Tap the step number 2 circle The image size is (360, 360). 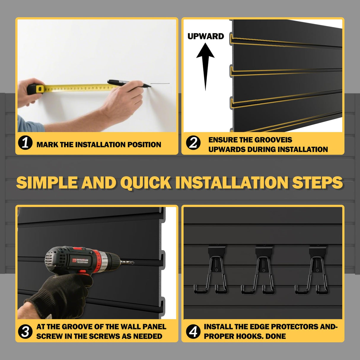tap(193, 143)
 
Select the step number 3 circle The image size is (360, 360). tap(25, 331)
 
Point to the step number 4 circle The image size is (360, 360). tap(193, 331)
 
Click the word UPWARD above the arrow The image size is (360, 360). tap(206, 36)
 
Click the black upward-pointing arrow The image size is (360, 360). tap(205, 65)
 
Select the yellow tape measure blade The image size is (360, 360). tap(77, 88)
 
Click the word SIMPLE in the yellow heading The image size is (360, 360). tap(47, 182)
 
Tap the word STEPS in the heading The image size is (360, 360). tap(317, 182)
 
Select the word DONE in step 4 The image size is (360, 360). tap(275, 336)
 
